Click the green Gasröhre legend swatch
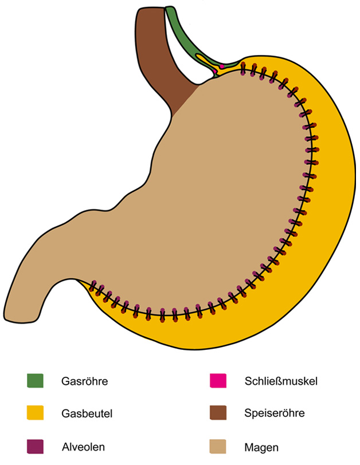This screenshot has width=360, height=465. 35,380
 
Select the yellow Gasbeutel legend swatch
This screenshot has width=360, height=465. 35,412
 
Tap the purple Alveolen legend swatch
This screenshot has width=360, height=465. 35,444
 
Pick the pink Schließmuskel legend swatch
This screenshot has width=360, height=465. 218,380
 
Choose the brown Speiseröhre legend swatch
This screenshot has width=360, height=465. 218,412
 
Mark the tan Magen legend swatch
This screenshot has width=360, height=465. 218,444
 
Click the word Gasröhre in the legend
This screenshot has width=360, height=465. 85,380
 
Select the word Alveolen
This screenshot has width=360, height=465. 83,444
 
